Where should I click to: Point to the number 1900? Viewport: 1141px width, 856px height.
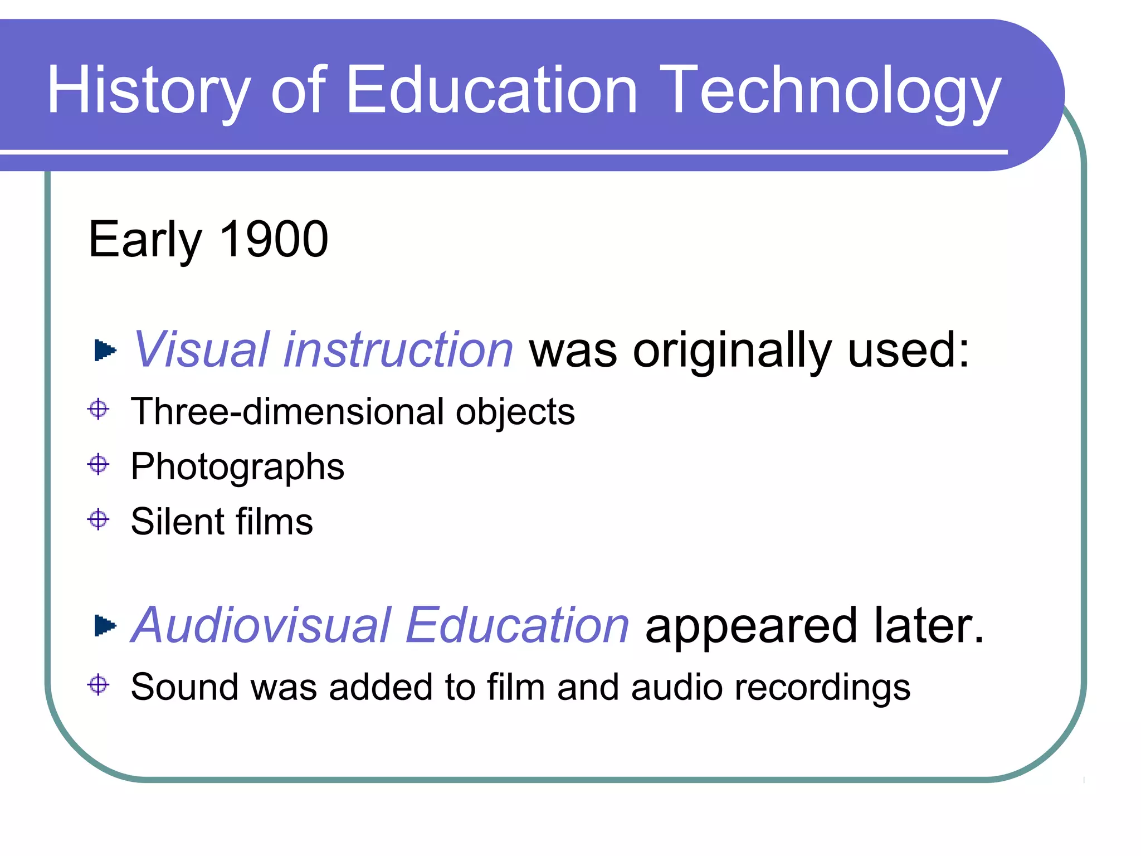(x=274, y=239)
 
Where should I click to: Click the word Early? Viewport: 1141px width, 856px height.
(x=145, y=240)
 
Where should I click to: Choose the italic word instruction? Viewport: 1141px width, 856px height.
(x=398, y=349)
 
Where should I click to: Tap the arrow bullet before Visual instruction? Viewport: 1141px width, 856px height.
(x=105, y=351)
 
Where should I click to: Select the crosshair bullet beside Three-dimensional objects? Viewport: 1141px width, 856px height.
(x=99, y=409)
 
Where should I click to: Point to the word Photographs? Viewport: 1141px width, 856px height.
(x=237, y=467)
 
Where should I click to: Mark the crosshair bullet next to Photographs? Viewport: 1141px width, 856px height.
(x=99, y=464)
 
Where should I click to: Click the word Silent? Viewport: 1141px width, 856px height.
(x=176, y=522)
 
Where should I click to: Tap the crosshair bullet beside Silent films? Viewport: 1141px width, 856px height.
(x=99, y=519)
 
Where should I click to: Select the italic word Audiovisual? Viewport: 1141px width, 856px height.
(x=262, y=625)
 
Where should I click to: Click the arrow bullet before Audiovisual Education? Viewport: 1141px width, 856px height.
(x=105, y=625)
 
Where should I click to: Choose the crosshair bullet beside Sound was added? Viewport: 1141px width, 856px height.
(x=99, y=684)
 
